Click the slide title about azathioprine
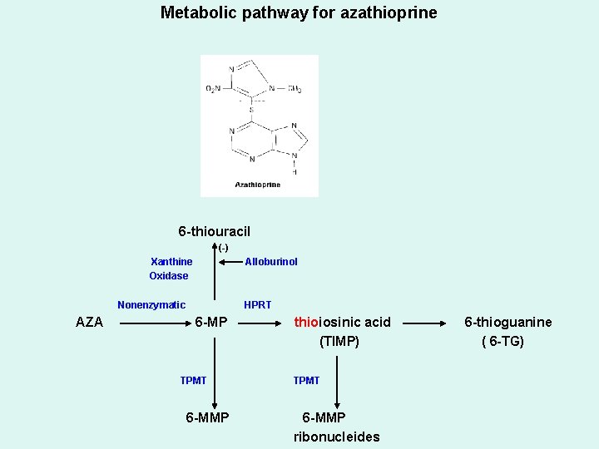298,13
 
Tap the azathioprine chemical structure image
259,126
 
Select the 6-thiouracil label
214,231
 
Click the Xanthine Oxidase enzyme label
170,269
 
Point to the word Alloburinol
270,262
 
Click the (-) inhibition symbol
223,248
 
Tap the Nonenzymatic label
151,305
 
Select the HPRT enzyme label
257,305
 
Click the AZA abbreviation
89,323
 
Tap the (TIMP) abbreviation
339,341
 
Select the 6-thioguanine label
507,323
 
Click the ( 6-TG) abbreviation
502,341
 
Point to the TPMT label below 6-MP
193,381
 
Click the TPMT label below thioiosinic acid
306,381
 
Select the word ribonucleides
336,437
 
